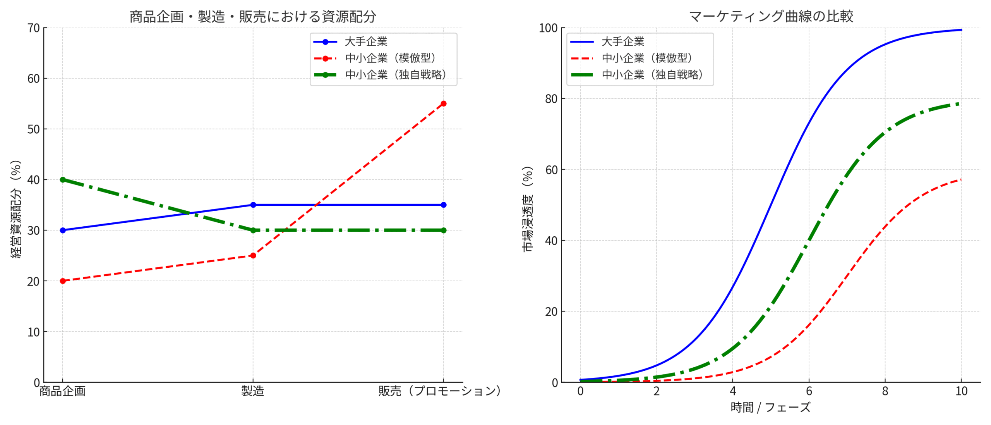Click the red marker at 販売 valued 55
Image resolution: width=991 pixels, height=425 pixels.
pyautogui.click(x=444, y=103)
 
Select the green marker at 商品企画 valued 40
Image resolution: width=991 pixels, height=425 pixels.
pyautogui.click(x=63, y=180)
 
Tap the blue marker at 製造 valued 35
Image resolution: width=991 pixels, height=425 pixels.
pyautogui.click(x=253, y=205)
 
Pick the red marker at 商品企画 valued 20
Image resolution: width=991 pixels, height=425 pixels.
pyautogui.click(x=63, y=281)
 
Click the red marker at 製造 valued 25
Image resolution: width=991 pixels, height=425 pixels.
pyautogui.click(x=253, y=256)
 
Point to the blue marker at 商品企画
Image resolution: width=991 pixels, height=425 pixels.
pyautogui.click(x=63, y=230)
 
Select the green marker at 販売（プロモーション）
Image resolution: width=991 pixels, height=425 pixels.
pyautogui.click(x=444, y=230)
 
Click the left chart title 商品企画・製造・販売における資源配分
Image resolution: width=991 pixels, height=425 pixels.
pyautogui.click(x=253, y=17)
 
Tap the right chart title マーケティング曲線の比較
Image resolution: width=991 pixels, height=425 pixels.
pyautogui.click(x=771, y=17)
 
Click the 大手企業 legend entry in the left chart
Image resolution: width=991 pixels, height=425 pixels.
pyautogui.click(x=366, y=41)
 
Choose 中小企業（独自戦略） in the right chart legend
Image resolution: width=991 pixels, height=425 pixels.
pyautogui.click(x=652, y=74)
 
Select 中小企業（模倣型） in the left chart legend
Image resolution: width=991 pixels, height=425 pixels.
pyautogui.click(x=391, y=58)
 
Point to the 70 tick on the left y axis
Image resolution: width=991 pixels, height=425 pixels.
pyautogui.click(x=34, y=28)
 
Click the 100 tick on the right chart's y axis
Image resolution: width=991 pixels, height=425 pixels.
pyautogui.click(x=548, y=28)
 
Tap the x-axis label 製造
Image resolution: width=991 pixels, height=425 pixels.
pyautogui.click(x=253, y=391)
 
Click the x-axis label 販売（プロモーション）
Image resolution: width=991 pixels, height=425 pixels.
pyautogui.click(x=440, y=391)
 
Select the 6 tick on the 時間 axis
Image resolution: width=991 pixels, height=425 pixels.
pyautogui.click(x=809, y=391)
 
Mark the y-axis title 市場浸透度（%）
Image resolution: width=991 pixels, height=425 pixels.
pyautogui.click(x=528, y=209)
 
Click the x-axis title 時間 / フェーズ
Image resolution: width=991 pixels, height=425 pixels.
pyautogui.click(x=770, y=408)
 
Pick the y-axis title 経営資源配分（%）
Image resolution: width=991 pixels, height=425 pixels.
pyautogui.click(x=16, y=209)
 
